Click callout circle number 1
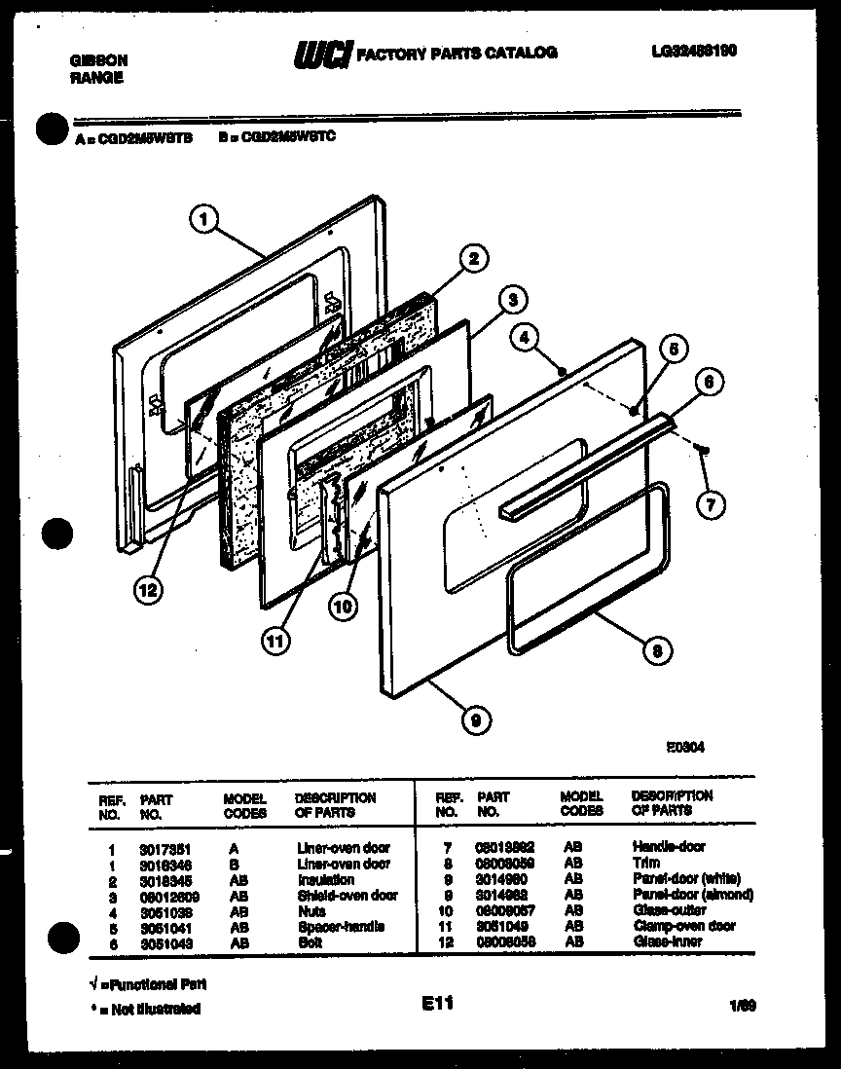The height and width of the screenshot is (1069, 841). (x=203, y=221)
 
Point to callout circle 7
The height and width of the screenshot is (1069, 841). (x=712, y=504)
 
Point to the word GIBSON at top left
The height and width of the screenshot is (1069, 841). (x=98, y=60)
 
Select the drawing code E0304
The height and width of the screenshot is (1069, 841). (x=685, y=748)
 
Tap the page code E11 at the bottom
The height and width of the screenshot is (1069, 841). (x=437, y=1003)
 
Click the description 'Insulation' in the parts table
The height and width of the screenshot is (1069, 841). (x=326, y=879)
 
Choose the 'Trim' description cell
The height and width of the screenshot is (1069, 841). (x=646, y=863)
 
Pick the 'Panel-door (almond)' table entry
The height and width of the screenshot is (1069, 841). (x=692, y=895)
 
